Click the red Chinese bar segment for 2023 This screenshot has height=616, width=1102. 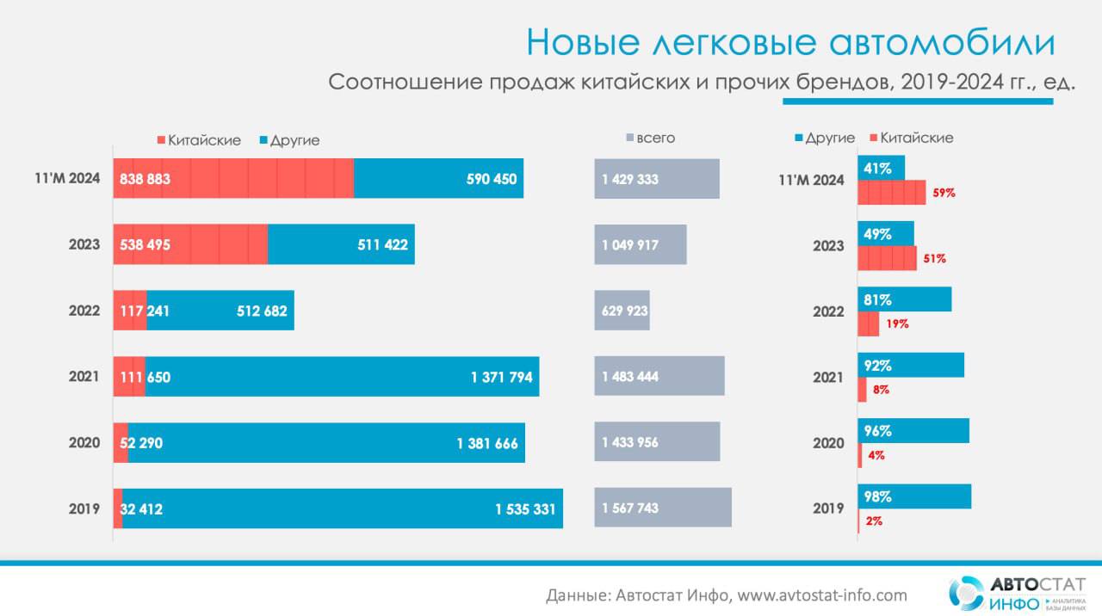(191, 244)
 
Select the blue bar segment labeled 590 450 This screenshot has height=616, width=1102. (438, 179)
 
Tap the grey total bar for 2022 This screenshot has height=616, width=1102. (622, 311)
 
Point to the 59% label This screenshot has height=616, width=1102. (944, 193)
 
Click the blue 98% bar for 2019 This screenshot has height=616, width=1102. (914, 496)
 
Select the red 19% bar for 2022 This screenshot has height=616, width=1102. (868, 324)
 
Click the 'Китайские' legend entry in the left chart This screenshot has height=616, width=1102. (199, 140)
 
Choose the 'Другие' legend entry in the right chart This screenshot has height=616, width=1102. (824, 138)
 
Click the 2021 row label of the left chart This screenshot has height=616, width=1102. (84, 377)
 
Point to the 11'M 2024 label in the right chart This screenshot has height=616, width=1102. (811, 181)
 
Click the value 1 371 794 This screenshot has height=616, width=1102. (500, 377)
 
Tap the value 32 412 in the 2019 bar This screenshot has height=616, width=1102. (141, 509)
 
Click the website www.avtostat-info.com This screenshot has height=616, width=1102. (823, 595)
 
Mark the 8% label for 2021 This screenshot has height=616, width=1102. (880, 390)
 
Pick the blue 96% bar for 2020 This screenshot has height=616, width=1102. (913, 431)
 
